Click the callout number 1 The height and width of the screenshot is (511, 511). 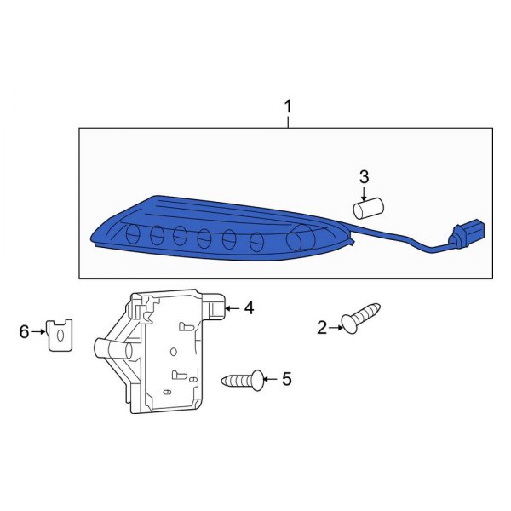[x=288, y=107]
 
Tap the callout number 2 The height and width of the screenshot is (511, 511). [x=322, y=328]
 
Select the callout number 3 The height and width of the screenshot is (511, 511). [x=364, y=176]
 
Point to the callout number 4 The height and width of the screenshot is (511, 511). [x=249, y=308]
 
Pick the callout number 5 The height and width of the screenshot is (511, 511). [x=286, y=378]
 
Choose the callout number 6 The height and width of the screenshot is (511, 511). [x=24, y=330]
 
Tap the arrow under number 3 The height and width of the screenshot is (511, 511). [x=364, y=193]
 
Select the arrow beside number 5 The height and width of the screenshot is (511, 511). [x=270, y=378]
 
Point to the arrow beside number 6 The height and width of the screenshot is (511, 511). [x=38, y=331]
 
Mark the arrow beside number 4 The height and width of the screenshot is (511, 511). [x=233, y=308]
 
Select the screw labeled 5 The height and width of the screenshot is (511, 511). [x=242, y=380]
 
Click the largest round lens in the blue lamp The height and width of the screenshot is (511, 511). [x=298, y=240]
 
